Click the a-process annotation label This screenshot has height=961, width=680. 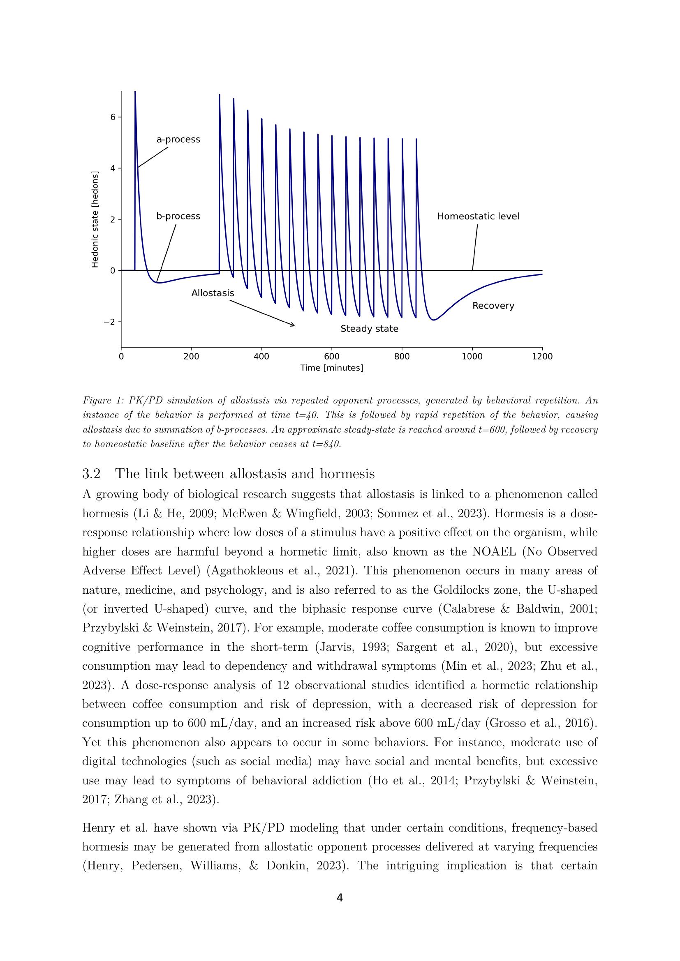(x=178, y=139)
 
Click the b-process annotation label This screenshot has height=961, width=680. (x=178, y=217)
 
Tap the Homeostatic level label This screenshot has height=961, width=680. (x=478, y=217)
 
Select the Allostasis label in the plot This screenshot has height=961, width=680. (x=212, y=293)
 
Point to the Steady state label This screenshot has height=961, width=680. (x=369, y=329)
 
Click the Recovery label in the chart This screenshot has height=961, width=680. (x=493, y=306)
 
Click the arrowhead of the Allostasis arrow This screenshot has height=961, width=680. (x=293, y=325)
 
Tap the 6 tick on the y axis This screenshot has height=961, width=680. (x=113, y=117)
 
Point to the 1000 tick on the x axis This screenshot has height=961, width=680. (x=472, y=357)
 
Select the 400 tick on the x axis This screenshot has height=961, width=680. (x=261, y=357)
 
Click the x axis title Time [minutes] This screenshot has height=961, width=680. (x=331, y=368)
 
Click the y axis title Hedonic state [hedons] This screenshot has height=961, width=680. (x=95, y=219)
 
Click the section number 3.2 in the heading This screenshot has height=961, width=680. (x=91, y=474)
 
